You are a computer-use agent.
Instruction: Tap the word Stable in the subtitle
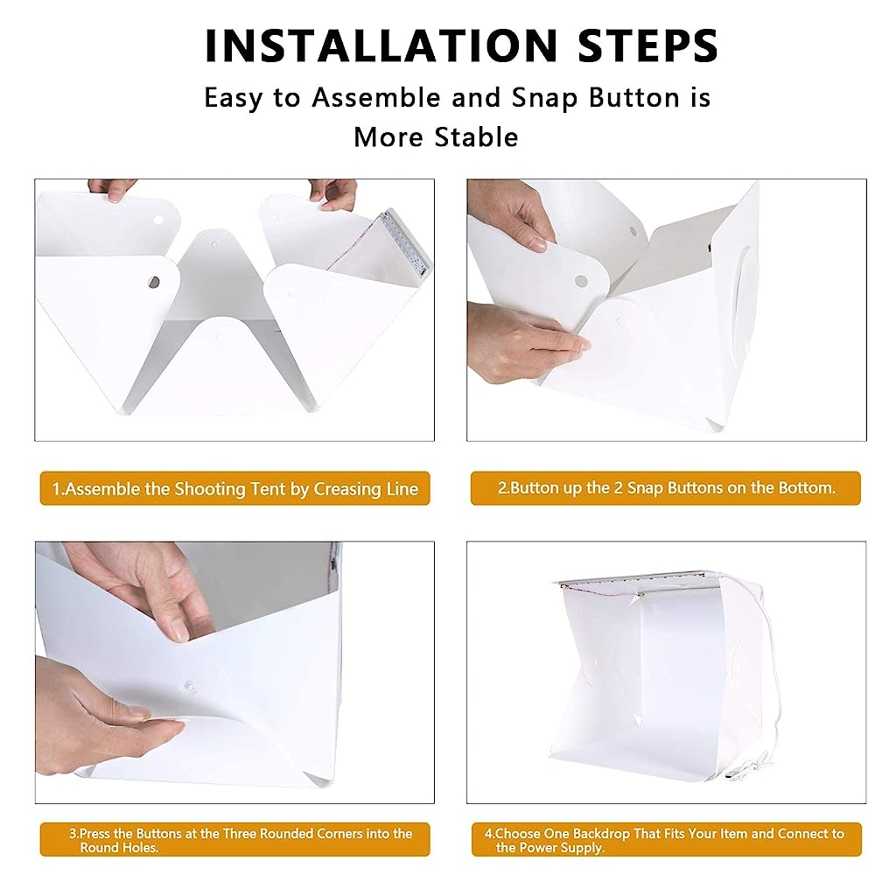479,137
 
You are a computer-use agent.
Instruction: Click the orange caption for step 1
234,488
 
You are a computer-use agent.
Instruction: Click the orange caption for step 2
666,488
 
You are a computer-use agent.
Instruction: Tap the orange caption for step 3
234,840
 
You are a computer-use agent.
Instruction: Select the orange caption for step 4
666,840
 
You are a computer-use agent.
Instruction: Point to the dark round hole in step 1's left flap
154,283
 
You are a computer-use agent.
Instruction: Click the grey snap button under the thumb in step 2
580,281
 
